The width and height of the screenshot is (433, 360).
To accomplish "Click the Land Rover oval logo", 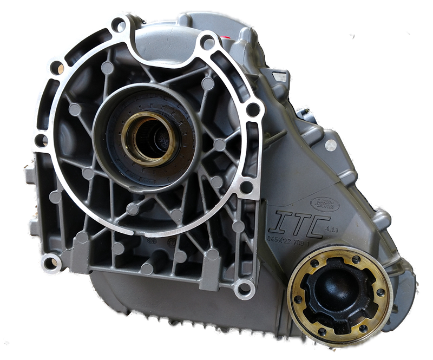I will click(324, 204).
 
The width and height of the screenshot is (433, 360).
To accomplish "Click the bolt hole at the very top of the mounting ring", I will click(119, 24).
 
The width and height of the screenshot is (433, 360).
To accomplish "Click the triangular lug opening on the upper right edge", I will click(279, 77).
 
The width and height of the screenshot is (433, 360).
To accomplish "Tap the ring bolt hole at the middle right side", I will click(252, 110).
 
